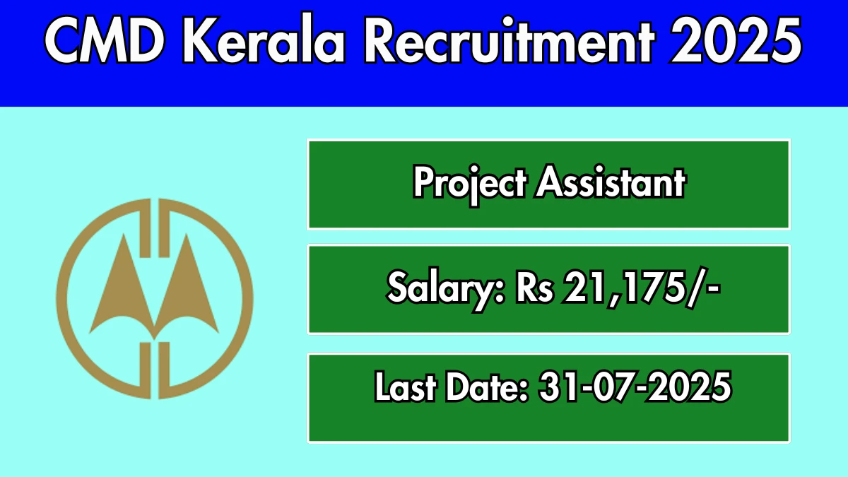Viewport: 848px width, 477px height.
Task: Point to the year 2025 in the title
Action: (736, 40)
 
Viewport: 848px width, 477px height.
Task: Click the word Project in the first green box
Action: (469, 184)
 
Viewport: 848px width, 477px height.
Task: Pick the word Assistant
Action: (611, 182)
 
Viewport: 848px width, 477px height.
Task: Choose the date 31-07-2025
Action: (635, 387)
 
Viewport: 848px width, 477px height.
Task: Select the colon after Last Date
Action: (524, 390)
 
